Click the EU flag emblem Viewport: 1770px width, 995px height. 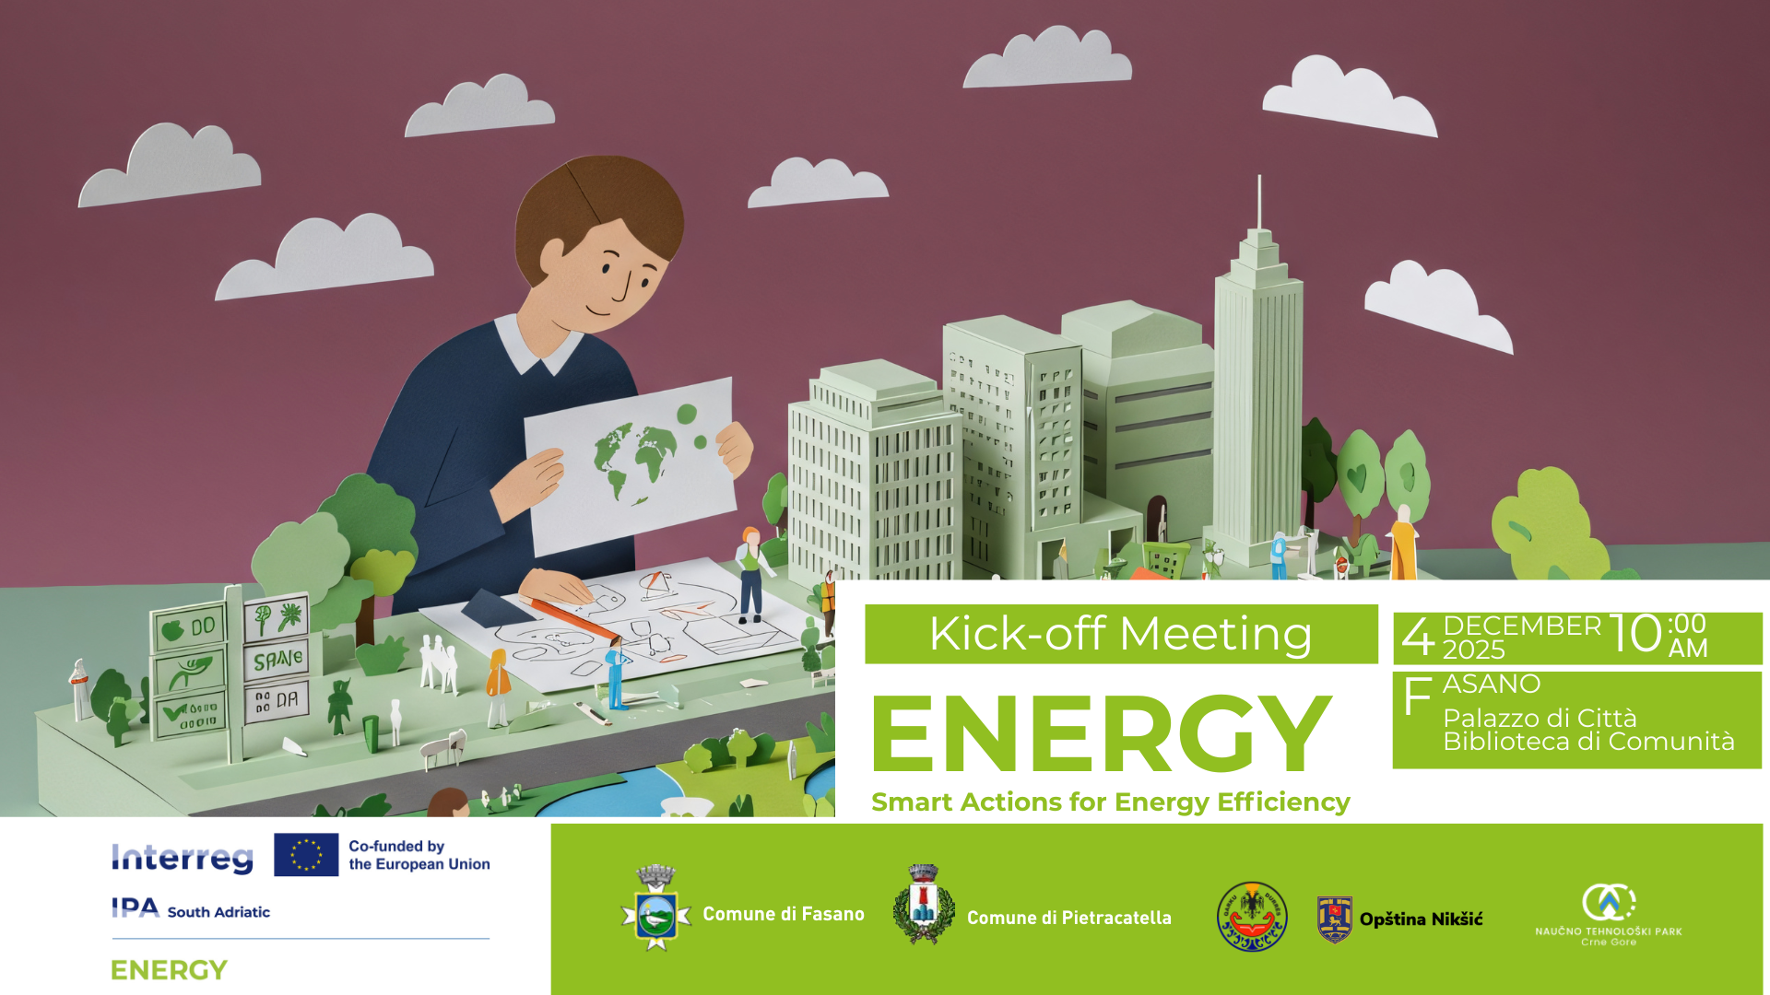pos(306,854)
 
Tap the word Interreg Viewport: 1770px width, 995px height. pos(183,858)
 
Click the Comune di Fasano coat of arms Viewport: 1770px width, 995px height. pos(655,909)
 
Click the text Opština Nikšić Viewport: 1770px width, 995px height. pos(1421,919)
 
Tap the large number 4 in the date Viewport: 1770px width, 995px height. pos(1418,637)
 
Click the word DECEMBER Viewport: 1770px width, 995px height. pos(1522,626)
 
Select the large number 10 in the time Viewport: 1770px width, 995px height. pos(1635,634)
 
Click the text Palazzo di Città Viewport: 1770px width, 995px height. pos(1540,718)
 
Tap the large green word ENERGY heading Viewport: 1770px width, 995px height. pos(1102,734)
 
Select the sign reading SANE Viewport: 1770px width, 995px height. pos(277,660)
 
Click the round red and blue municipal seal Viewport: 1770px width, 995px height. pos(1252,917)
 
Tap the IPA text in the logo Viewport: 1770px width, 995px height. pos(136,908)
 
